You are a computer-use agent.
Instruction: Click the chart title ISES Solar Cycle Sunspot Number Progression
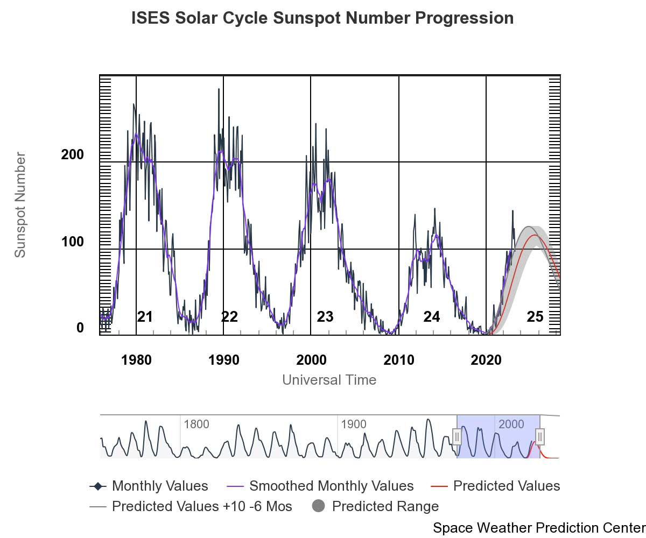pyautogui.click(x=322, y=18)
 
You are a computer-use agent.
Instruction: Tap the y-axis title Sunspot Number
pyautogui.click(x=20, y=204)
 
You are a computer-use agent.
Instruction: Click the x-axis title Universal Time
pyautogui.click(x=329, y=380)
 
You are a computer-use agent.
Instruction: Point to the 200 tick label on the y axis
pyautogui.click(x=72, y=155)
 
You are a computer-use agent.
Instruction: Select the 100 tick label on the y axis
pyautogui.click(x=72, y=242)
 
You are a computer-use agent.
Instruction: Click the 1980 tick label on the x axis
pyautogui.click(x=136, y=360)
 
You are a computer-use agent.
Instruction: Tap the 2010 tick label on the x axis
pyautogui.click(x=398, y=360)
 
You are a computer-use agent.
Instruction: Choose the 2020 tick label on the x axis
pyautogui.click(x=486, y=360)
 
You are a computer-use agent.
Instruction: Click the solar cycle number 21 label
pyautogui.click(x=145, y=317)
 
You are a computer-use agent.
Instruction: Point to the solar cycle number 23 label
pyautogui.click(x=325, y=317)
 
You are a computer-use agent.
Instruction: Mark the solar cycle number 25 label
pyautogui.click(x=535, y=317)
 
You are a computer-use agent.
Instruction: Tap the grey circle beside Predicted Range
pyautogui.click(x=318, y=506)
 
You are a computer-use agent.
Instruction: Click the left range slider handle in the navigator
pyautogui.click(x=457, y=436)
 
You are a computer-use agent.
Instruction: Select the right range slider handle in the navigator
pyautogui.click(x=540, y=436)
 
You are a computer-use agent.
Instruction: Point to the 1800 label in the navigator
pyautogui.click(x=196, y=424)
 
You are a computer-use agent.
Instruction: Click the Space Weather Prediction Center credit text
pyautogui.click(x=538, y=528)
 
